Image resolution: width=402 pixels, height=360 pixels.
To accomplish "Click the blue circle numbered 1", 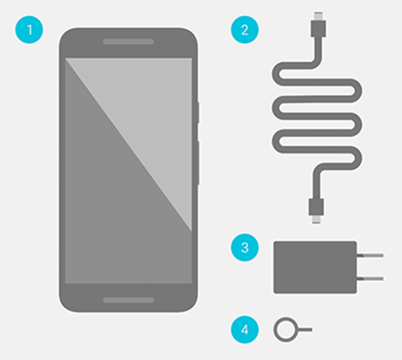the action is click(x=29, y=29).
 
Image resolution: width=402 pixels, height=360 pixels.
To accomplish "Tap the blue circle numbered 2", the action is click(x=245, y=29).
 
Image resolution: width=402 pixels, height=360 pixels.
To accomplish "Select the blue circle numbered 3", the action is click(x=245, y=247).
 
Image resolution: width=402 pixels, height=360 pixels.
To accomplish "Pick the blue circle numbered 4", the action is click(x=245, y=329).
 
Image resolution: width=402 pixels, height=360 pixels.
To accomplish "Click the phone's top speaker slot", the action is click(x=129, y=42).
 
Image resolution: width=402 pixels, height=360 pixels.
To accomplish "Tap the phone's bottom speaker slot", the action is click(x=129, y=300).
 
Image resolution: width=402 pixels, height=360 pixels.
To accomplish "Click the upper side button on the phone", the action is click(x=198, y=113).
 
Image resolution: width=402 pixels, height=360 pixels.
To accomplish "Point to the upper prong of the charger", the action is click(x=370, y=256).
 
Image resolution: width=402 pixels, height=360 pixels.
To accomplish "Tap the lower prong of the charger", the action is click(x=370, y=279).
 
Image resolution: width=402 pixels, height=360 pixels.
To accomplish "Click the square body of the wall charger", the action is click(x=315, y=267).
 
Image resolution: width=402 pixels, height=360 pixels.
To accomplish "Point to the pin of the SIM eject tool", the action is click(x=305, y=329).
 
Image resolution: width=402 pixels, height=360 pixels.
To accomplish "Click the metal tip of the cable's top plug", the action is click(x=318, y=16).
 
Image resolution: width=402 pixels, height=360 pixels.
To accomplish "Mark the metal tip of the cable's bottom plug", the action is click(x=316, y=219).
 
